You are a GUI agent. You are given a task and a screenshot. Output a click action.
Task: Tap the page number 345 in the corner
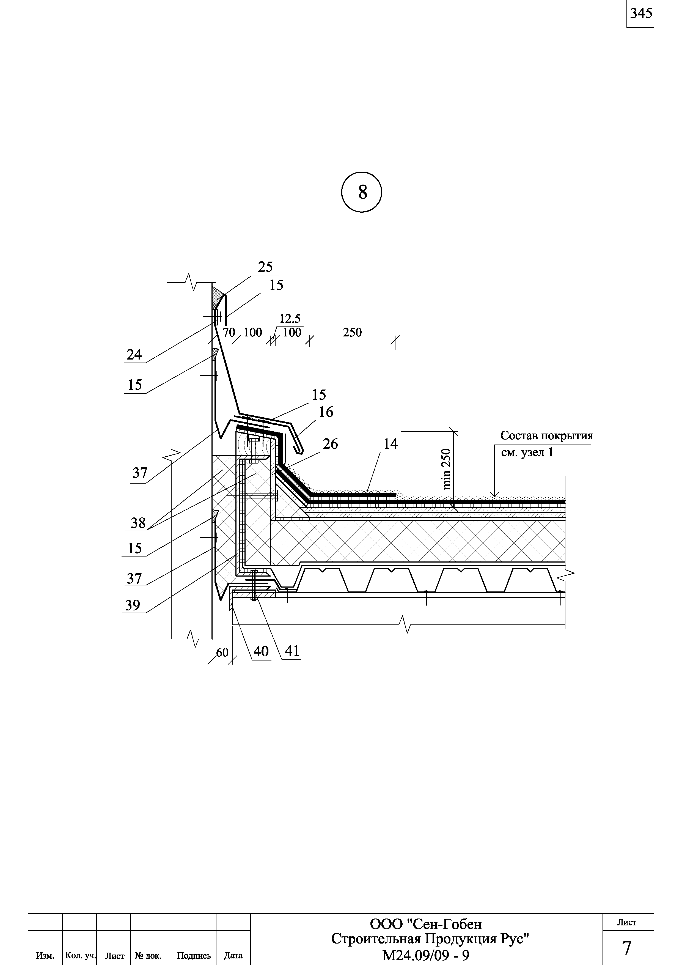coord(640,13)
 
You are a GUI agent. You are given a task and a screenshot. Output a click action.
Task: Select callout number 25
coord(265,267)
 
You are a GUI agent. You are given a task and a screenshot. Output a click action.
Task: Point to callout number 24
coord(134,355)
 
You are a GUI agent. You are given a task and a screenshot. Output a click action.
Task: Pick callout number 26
coord(330,444)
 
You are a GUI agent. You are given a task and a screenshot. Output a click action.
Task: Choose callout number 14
coord(391,444)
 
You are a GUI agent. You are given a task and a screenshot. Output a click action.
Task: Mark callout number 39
coord(133,606)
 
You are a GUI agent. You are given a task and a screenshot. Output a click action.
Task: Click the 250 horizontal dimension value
coord(352,333)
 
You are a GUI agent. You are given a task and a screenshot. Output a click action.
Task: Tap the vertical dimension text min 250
coord(447,469)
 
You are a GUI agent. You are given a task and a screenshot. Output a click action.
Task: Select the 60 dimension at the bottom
coord(222,652)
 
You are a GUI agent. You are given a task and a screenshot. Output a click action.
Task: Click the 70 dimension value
coord(229,333)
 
